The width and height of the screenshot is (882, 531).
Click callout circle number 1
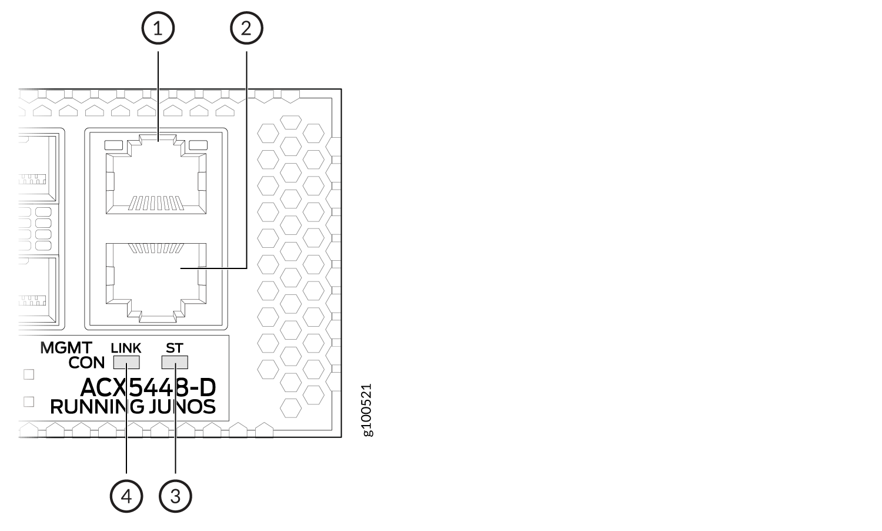pyautogui.click(x=158, y=28)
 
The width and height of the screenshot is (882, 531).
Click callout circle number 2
pyautogui.click(x=246, y=28)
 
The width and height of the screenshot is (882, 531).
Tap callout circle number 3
pyautogui.click(x=176, y=496)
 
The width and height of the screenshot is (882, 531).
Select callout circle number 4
pyautogui.click(x=126, y=496)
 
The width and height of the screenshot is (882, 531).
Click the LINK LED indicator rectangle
pyautogui.click(x=126, y=362)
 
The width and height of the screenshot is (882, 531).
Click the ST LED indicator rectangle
pyautogui.click(x=175, y=362)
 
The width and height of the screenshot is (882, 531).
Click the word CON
pyautogui.click(x=86, y=363)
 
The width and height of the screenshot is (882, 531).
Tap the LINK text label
pyautogui.click(x=126, y=348)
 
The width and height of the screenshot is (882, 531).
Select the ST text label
pyautogui.click(x=175, y=348)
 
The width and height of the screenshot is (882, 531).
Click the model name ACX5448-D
pyautogui.click(x=148, y=387)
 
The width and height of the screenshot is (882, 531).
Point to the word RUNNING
pyautogui.click(x=97, y=407)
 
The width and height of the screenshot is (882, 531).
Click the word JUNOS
pyautogui.click(x=182, y=407)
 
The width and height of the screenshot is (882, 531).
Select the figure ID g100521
pyautogui.click(x=367, y=410)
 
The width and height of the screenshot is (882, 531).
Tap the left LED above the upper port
pyautogui.click(x=114, y=145)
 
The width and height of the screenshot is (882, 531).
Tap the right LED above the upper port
pyautogui.click(x=198, y=145)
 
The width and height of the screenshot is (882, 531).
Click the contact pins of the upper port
pyautogui.click(x=156, y=203)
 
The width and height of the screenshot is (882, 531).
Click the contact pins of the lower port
pyautogui.click(x=156, y=248)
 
